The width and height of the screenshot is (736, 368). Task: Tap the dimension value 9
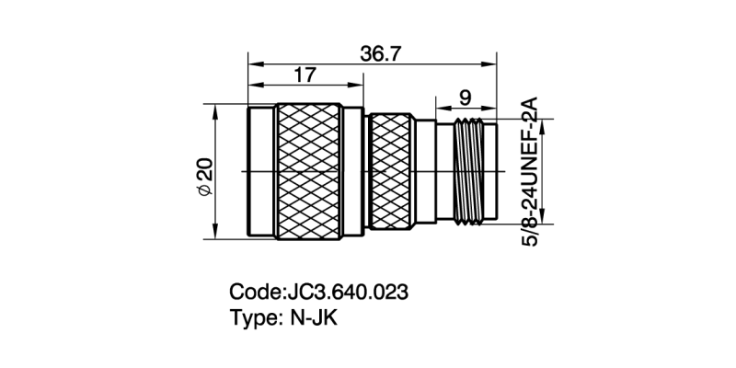coord(465,95)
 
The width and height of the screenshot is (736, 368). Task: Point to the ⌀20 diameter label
coord(205,175)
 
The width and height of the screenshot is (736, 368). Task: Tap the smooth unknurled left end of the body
coord(262,172)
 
